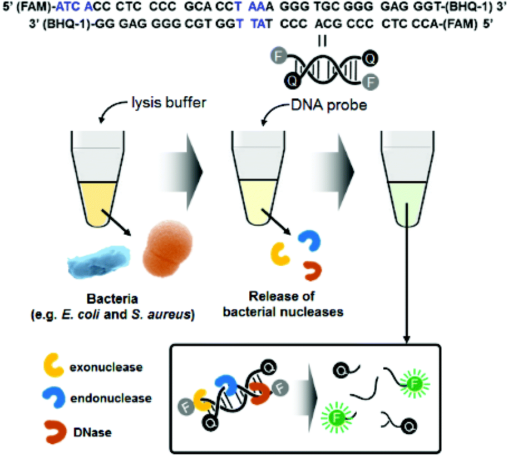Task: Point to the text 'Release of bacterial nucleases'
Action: [x=283, y=304]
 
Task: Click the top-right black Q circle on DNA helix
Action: [x=368, y=56]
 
